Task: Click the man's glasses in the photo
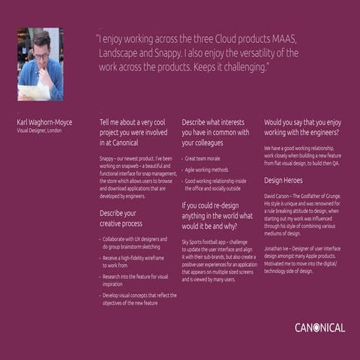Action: point(41,55)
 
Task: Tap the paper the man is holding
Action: point(33,91)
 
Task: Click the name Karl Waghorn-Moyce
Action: point(44,121)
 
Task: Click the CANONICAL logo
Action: point(319,328)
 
